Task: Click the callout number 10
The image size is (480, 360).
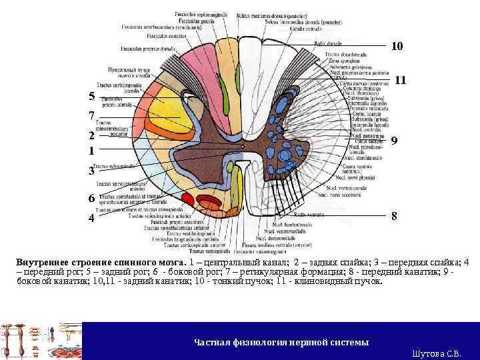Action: click(x=397, y=47)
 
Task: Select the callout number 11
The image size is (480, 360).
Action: click(x=401, y=80)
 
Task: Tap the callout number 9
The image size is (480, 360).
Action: click(x=395, y=141)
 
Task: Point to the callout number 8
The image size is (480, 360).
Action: click(x=395, y=217)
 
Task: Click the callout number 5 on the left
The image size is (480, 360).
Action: click(x=91, y=97)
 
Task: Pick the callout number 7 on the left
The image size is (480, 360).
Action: click(x=91, y=115)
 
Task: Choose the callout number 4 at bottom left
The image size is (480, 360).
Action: click(x=91, y=218)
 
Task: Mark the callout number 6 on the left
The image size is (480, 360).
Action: click(x=91, y=199)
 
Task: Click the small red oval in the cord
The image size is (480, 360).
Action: click(x=188, y=199)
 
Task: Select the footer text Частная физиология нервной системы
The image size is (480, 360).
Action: click(x=281, y=342)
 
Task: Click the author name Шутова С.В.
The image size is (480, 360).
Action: click(x=436, y=353)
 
